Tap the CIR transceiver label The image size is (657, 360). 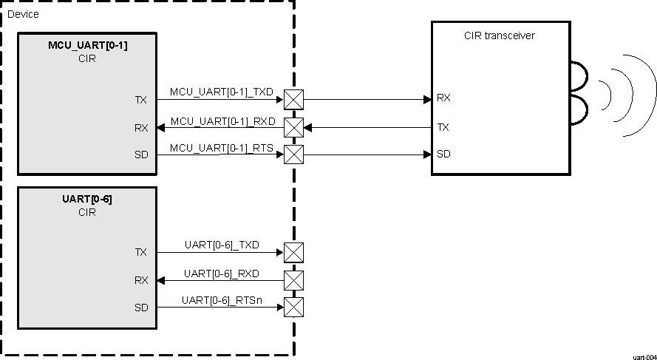500,35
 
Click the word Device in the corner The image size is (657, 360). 23,14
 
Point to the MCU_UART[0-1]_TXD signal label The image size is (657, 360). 222,92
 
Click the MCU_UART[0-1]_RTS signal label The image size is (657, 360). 222,149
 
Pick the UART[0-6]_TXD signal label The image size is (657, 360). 222,245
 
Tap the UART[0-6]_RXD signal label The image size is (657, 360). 222,274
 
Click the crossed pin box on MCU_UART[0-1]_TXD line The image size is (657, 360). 294,99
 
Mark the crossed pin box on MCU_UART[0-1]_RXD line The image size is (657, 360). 294,127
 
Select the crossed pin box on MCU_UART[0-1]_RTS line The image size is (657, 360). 294,154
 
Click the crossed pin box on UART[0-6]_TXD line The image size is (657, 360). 294,252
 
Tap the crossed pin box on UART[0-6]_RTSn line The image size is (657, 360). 294,307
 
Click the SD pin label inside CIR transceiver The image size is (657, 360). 443,154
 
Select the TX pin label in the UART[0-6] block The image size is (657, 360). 141,252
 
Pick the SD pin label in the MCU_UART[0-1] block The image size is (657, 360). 141,154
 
